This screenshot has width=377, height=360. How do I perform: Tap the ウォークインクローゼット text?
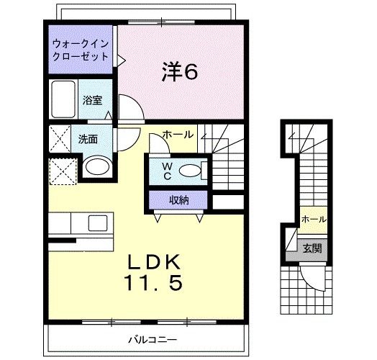pyautogui.click(x=80, y=50)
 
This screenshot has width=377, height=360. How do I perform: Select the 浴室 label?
pyautogui.click(x=91, y=101)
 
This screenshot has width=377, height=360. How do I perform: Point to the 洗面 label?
pyautogui.click(x=88, y=140)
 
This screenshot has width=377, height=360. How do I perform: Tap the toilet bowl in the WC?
pyautogui.click(x=189, y=171)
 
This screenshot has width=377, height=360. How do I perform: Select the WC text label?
pyautogui.click(x=166, y=170)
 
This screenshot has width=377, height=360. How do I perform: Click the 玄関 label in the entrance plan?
pyautogui.click(x=312, y=249)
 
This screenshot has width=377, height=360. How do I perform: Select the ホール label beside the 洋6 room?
pyautogui.click(x=177, y=135)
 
